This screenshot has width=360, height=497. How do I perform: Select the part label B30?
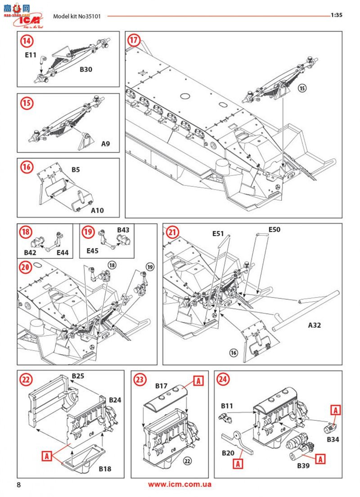pos(86,70)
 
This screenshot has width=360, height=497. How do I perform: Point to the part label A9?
pos(105,144)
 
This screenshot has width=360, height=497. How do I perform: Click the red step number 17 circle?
pos(134,40)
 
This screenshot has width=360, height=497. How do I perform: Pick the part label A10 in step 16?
pos(97,210)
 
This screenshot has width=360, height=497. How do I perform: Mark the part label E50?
pos(274,230)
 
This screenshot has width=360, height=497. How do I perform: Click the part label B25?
pos(78,375)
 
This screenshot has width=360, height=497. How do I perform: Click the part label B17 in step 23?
pos(162,386)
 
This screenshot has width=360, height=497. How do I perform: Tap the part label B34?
pos(333,438)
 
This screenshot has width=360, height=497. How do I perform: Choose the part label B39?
pos(303,465)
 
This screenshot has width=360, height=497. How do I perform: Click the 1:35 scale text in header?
pos(337,15)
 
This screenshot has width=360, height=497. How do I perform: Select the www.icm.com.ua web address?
pos(180,484)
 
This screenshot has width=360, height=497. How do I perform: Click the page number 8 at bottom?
pos(19,485)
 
